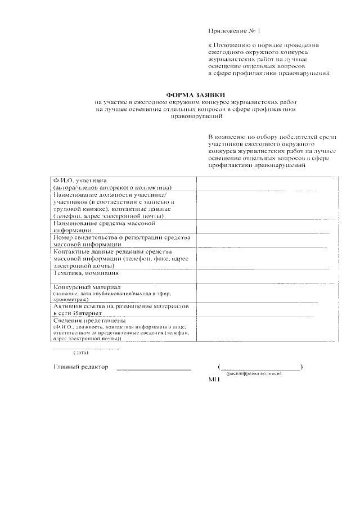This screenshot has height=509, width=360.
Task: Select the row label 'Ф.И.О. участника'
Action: pyautogui.click(x=80, y=181)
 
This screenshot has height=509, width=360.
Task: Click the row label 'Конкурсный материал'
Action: pyautogui.click(x=83, y=287)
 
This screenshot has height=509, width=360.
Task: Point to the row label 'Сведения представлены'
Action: pyautogui.click(x=85, y=321)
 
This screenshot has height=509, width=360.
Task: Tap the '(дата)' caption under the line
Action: pyautogui.click(x=82, y=354)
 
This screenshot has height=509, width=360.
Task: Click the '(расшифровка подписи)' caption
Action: pyautogui.click(x=254, y=373)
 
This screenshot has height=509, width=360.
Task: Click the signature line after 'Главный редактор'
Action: pyautogui.click(x=153, y=369)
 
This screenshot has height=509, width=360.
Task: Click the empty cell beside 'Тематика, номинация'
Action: pyautogui.click(x=261, y=276)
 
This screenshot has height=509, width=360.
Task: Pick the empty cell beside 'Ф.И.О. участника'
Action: pyautogui.click(x=261, y=183)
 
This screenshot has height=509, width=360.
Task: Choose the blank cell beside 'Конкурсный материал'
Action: pyautogui.click(x=261, y=294)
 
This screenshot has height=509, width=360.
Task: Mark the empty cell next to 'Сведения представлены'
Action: pyautogui.click(x=261, y=330)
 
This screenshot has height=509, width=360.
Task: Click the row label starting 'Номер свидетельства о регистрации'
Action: pyautogui.click(x=122, y=237)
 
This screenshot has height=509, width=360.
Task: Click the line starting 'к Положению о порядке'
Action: pyautogui.click(x=263, y=44)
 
